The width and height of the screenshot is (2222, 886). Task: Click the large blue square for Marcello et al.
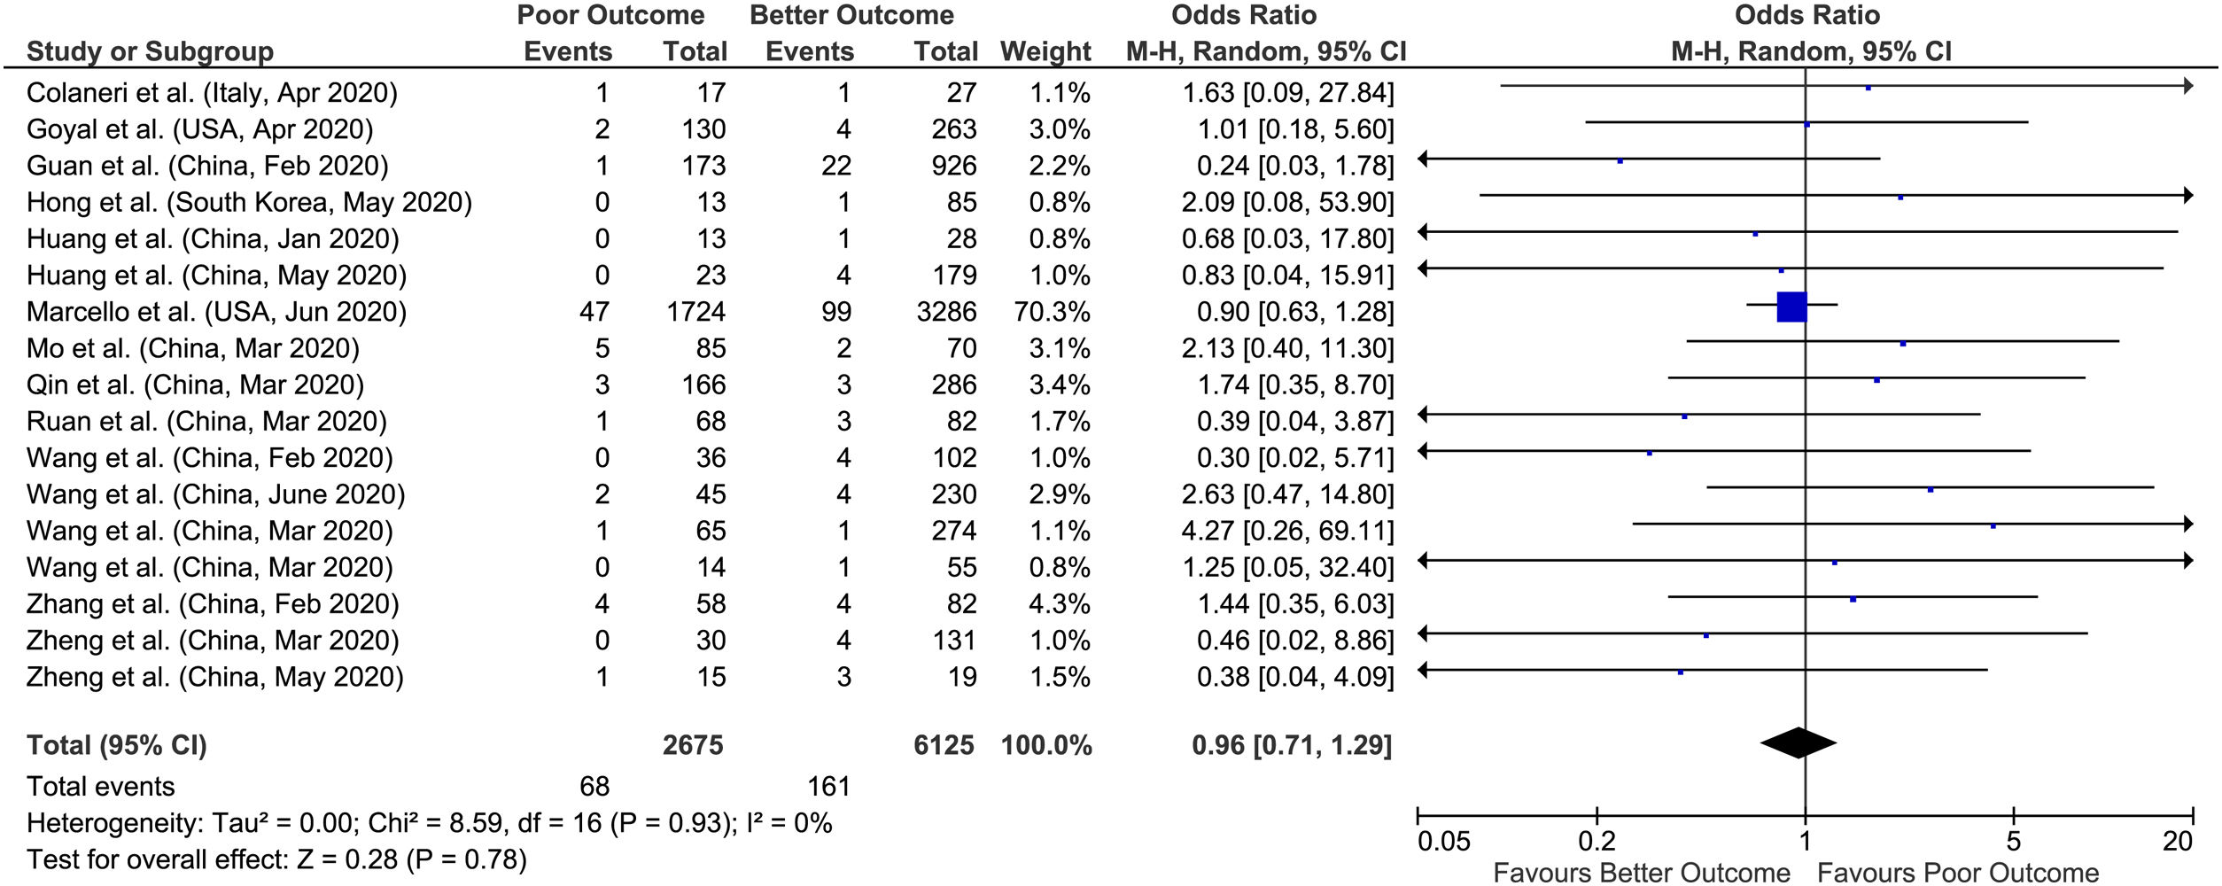tap(1791, 307)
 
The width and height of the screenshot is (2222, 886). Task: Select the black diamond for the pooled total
tap(1798, 742)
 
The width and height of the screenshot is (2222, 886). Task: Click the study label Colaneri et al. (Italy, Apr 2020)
tap(212, 93)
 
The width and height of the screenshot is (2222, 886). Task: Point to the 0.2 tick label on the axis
tap(1597, 840)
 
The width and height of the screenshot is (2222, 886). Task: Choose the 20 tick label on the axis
tap(2177, 840)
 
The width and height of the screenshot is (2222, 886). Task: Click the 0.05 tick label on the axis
tap(1443, 840)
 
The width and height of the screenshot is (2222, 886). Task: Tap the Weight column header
tap(1045, 51)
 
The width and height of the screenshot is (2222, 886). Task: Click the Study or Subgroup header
tap(150, 51)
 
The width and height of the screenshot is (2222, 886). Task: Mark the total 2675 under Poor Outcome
tap(693, 745)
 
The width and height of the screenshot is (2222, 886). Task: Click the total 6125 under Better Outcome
tap(944, 745)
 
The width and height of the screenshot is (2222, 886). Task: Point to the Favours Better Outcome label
tap(1641, 873)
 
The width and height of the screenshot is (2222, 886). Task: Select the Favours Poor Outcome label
tap(1958, 873)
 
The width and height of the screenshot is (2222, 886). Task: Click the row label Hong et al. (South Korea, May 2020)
tap(249, 202)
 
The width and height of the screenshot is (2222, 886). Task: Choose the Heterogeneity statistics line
tap(429, 823)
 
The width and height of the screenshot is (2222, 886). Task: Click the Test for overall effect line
tap(276, 859)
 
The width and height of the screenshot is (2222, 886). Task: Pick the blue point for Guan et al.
tap(1620, 161)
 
